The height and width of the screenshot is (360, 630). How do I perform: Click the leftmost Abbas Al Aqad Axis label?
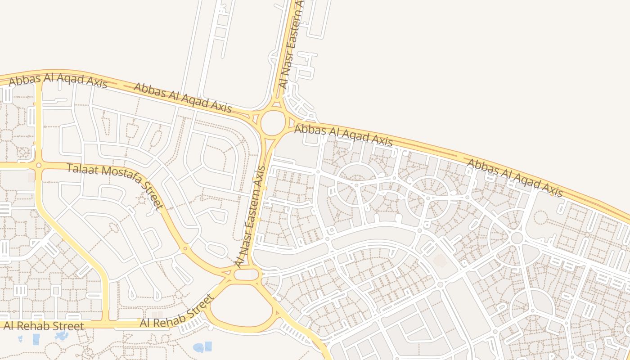[58, 81]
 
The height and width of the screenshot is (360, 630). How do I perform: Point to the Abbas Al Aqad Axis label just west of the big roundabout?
[183, 97]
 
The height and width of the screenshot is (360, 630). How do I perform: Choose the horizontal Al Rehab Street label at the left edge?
[44, 326]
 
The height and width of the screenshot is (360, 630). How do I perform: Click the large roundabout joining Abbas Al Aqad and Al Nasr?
[273, 123]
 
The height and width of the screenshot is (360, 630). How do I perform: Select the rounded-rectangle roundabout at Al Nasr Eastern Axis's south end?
[247, 274]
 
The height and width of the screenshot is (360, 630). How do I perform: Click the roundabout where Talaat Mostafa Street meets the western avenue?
[39, 166]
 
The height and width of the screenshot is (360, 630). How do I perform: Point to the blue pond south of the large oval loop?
[198, 347]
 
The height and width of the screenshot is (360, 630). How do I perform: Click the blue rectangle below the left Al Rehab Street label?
[36, 339]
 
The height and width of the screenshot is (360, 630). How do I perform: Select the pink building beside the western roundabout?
[31, 177]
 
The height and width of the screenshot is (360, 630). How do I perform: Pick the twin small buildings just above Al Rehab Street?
[157, 315]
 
